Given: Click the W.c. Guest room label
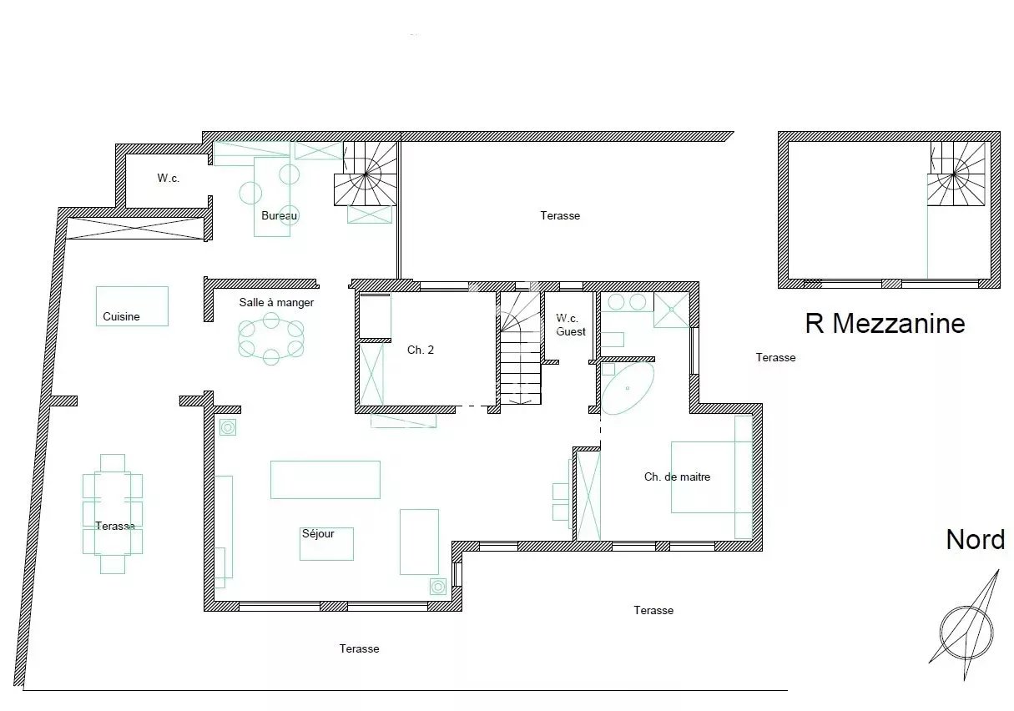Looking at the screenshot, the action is tap(570, 325).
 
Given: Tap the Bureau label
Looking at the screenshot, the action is tap(279, 215).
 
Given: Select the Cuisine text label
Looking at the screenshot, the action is tap(121, 316).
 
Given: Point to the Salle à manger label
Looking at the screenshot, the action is tap(276, 302).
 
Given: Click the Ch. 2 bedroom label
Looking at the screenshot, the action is tap(420, 350).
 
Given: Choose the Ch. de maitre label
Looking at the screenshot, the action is tap(677, 477).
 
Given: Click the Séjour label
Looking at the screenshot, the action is tap(318, 533).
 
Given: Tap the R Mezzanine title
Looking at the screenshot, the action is tap(885, 323).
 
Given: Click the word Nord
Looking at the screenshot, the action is tap(975, 539).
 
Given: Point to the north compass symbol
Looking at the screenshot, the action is tap(966, 633).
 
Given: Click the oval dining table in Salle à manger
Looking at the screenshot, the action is tap(270, 340).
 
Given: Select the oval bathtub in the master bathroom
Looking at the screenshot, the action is tap(627, 389).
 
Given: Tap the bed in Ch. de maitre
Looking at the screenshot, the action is tap(711, 477).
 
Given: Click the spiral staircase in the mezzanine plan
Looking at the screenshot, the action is tap(956, 174).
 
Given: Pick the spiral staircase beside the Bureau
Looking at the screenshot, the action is tap(366, 174).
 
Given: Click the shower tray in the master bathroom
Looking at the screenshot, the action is tap(672, 310).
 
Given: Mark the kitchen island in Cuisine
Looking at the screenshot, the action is tap(132, 306).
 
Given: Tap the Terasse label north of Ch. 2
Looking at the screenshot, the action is tap(560, 215).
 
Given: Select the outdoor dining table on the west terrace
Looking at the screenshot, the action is tap(113, 514).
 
